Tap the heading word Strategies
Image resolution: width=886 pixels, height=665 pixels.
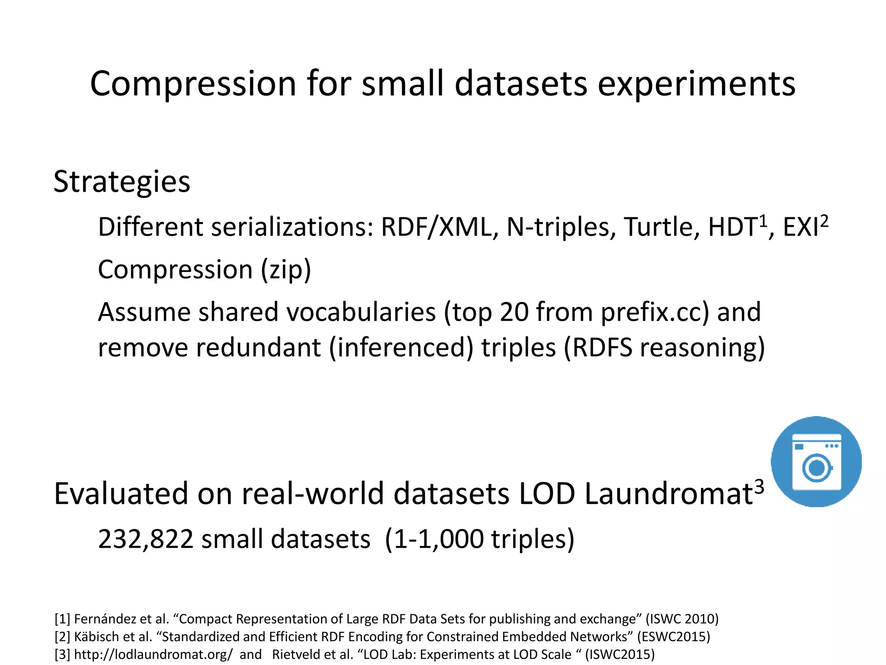[122, 181]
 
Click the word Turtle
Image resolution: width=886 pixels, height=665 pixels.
[661, 227]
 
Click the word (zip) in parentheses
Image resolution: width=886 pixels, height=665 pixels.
[286, 270]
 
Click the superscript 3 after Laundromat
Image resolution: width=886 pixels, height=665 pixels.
[759, 487]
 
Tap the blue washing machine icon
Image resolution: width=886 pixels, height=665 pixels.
[816, 462]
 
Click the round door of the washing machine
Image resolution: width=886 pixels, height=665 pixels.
[816, 468]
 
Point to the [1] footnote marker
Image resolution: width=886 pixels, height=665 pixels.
[62, 619]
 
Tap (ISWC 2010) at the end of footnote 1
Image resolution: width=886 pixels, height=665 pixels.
[682, 619]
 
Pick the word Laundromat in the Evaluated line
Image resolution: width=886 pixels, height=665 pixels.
[669, 494]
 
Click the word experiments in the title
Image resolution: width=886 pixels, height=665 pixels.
[696, 84]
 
